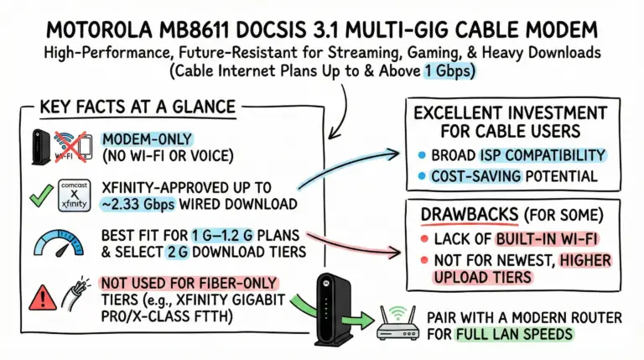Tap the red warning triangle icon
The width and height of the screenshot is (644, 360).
(39, 295)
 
